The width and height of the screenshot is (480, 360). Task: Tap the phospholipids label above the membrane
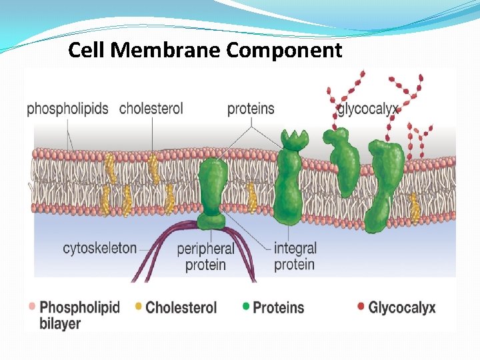coord(67,109)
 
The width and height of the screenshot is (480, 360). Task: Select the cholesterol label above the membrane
coord(151,108)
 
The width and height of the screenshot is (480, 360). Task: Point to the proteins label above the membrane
coord(251,109)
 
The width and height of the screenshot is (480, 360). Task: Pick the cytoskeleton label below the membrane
coord(100,249)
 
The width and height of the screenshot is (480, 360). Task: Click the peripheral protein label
coord(206,257)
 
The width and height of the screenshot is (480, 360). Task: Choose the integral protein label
coord(295,257)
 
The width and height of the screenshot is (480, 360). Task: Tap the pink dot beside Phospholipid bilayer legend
coord(31,307)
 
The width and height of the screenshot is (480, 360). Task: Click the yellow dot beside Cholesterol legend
coord(139,307)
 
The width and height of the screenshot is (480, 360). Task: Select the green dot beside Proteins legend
coord(246,307)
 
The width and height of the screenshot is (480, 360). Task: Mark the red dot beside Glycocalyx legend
coord(361,307)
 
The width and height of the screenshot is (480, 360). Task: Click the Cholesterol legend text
coord(181,308)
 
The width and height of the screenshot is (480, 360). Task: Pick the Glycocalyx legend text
coord(402,308)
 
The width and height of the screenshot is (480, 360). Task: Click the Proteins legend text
coord(279,308)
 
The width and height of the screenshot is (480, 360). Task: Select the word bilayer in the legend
coord(60,324)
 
